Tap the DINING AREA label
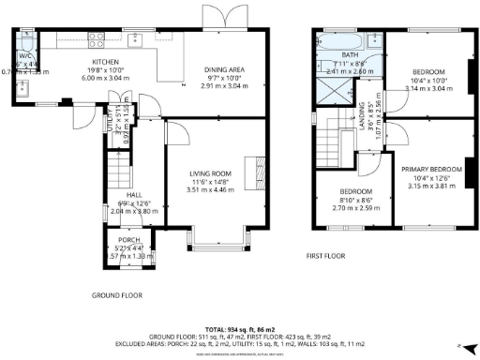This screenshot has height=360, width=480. pyautogui.click(x=226, y=69)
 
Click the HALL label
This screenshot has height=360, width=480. pyautogui.click(x=134, y=196)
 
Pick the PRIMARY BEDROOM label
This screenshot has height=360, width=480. pyautogui.click(x=434, y=169)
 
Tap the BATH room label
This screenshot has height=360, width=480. pyautogui.click(x=351, y=54)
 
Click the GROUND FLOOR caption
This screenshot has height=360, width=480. pyautogui.click(x=117, y=294)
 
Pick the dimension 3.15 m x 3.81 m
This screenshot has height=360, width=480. pyautogui.click(x=433, y=186)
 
